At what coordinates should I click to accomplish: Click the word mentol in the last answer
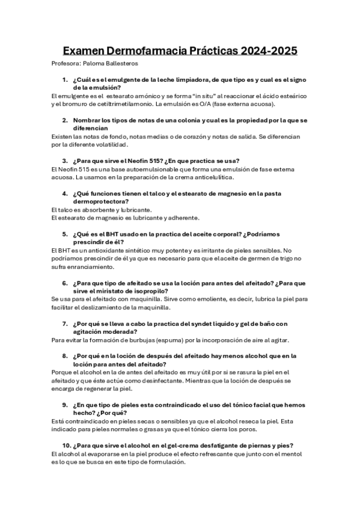coord(282,454)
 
